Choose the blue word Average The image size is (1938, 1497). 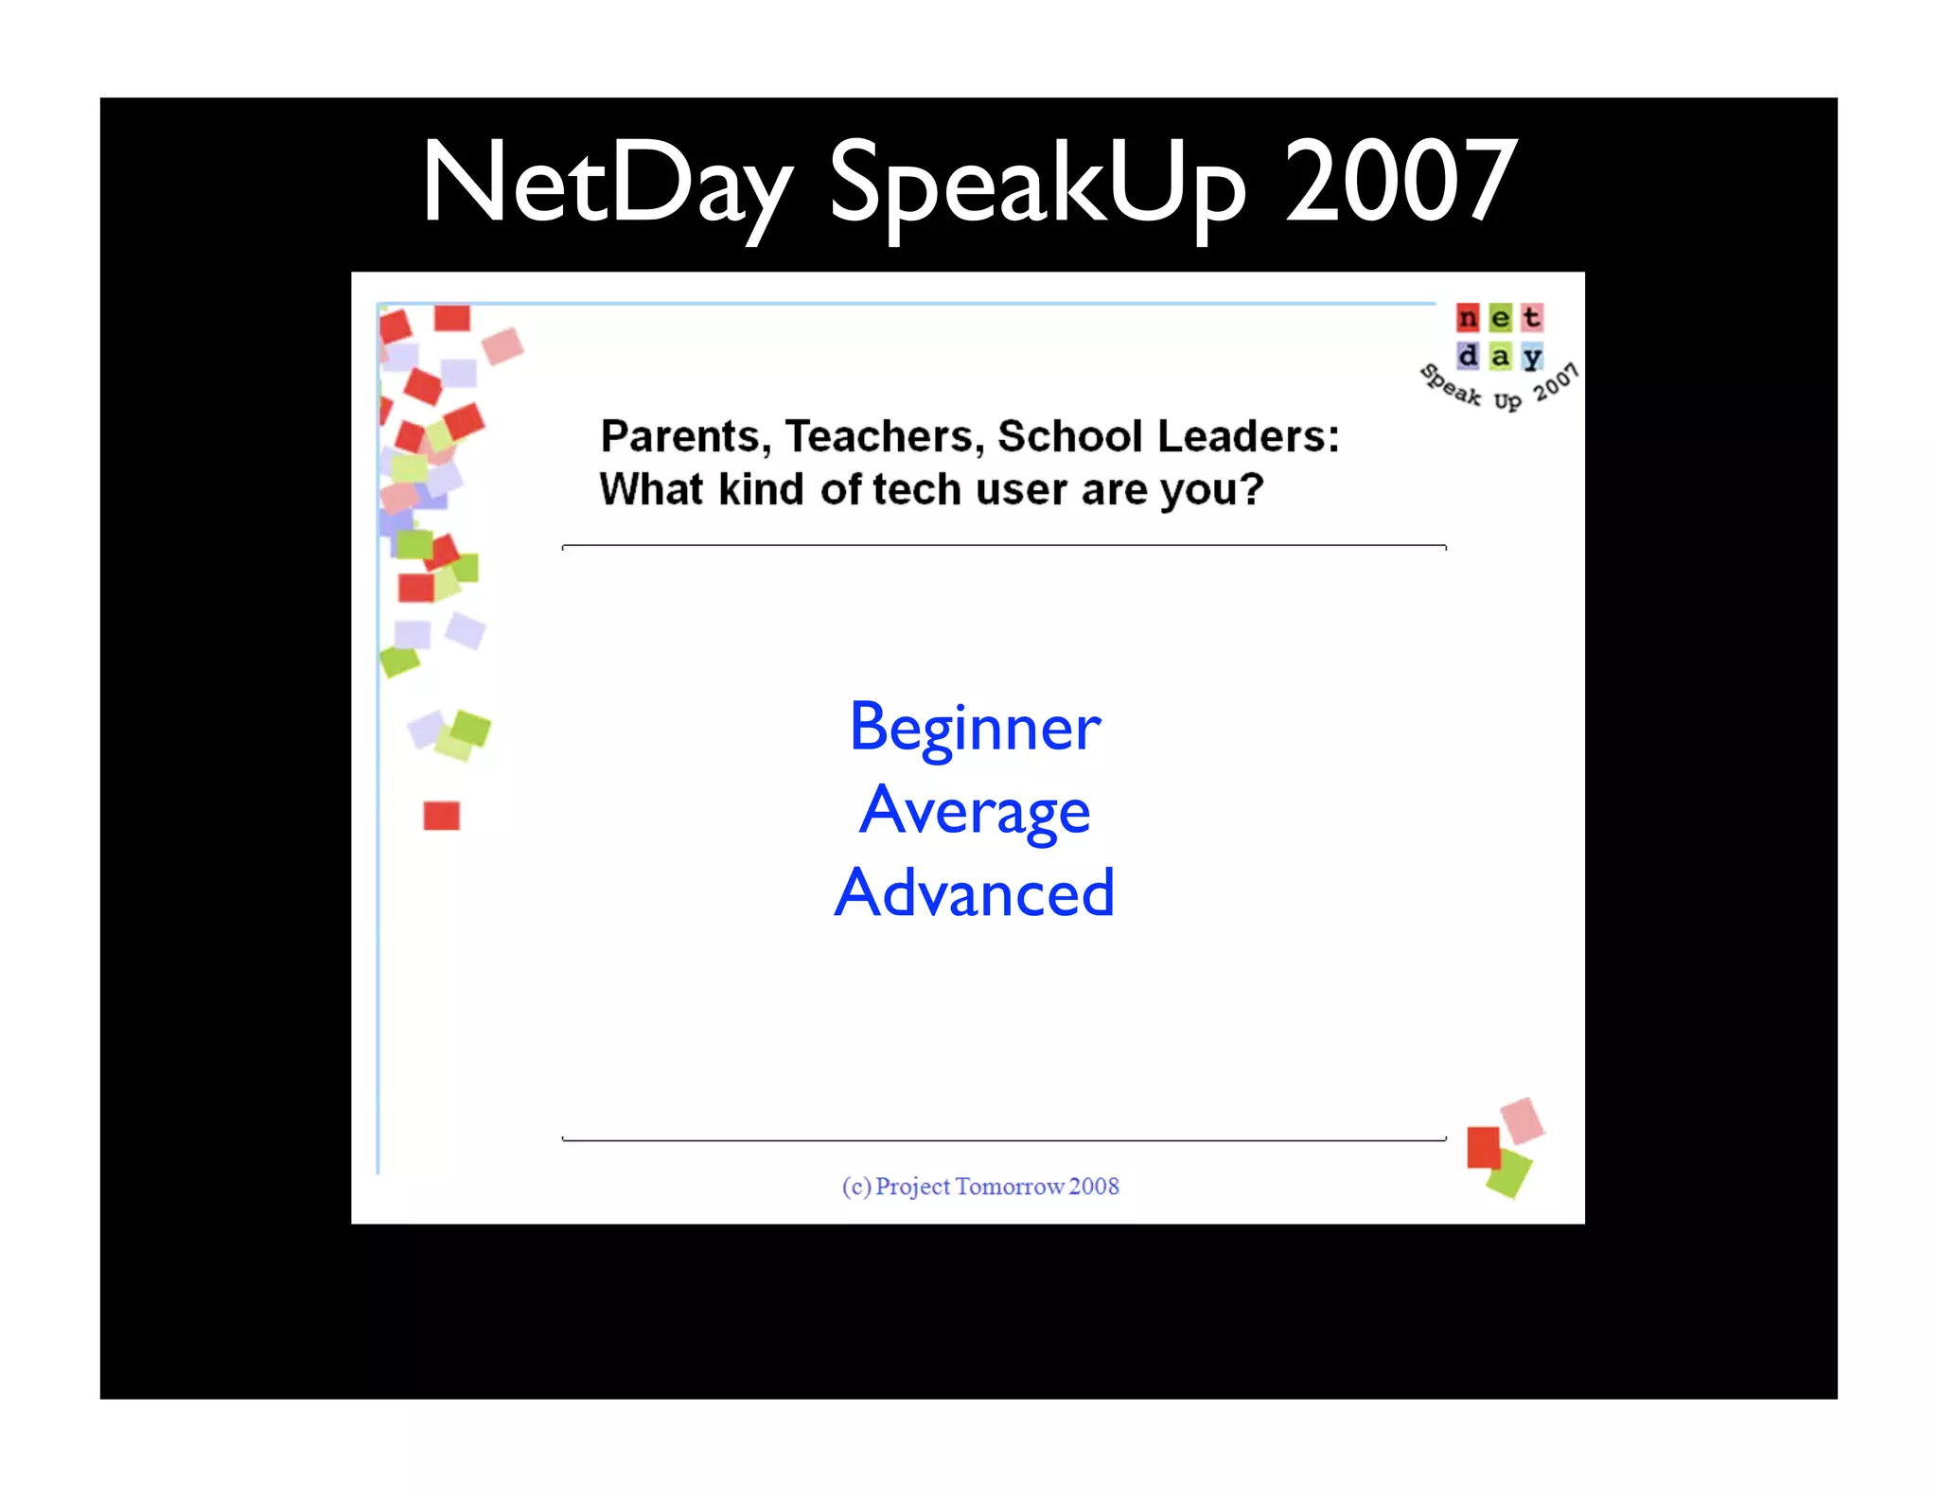(975, 812)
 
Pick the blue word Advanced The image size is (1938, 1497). (975, 893)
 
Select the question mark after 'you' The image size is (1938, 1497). (1252, 489)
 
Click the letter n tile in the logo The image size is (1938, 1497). (1467, 318)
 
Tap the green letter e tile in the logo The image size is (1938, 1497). (1500, 318)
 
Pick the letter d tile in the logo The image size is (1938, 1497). (1467, 357)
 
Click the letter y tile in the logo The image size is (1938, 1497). (1532, 357)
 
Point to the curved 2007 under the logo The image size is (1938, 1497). (1556, 382)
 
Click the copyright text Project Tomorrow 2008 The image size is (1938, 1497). (980, 1186)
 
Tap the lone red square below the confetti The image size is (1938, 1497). (441, 816)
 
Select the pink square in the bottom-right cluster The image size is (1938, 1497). (1523, 1119)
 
